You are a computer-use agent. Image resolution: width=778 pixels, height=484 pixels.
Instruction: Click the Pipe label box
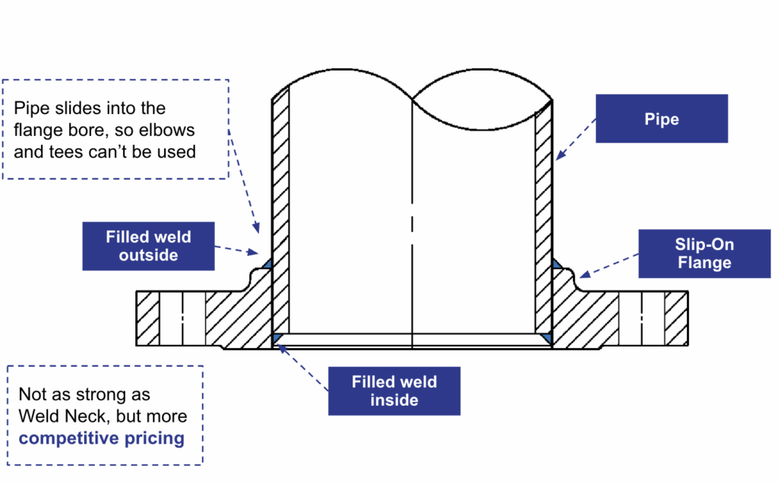pos(661,119)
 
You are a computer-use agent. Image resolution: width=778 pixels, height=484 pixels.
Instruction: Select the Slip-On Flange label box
pos(703,255)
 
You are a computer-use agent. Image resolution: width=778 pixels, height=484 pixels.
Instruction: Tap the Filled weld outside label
pos(148,246)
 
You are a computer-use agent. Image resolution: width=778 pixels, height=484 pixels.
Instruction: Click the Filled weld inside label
pos(394,391)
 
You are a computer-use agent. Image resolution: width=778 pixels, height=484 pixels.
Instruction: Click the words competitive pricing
pos(101,438)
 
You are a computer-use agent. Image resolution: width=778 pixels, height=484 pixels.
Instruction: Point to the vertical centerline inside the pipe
pos(412,228)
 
